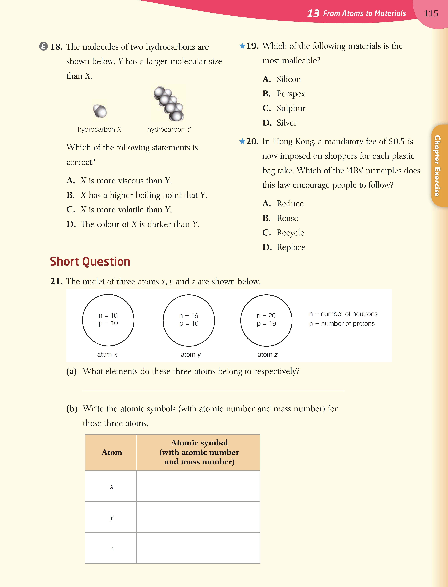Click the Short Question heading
point(90,262)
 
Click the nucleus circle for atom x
point(108,320)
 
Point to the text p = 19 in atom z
point(266,323)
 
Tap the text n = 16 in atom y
point(189,316)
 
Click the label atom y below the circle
point(190,354)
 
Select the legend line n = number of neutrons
point(343,314)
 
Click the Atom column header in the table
point(112,452)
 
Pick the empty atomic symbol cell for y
point(198,517)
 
